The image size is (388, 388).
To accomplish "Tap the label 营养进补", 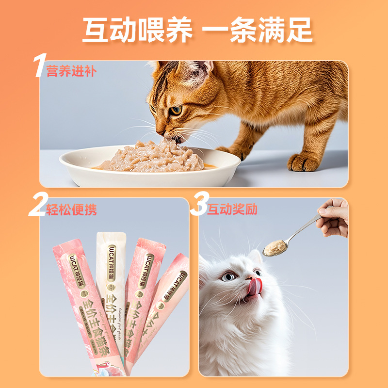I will pyautogui.click(x=71, y=71).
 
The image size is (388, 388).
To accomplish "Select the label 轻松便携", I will pyautogui.click(x=71, y=210).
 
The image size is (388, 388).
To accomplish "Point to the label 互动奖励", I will pyautogui.click(x=232, y=210).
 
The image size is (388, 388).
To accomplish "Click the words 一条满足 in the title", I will pyautogui.click(x=257, y=30).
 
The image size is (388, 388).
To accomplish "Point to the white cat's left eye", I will pyautogui.click(x=228, y=276).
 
